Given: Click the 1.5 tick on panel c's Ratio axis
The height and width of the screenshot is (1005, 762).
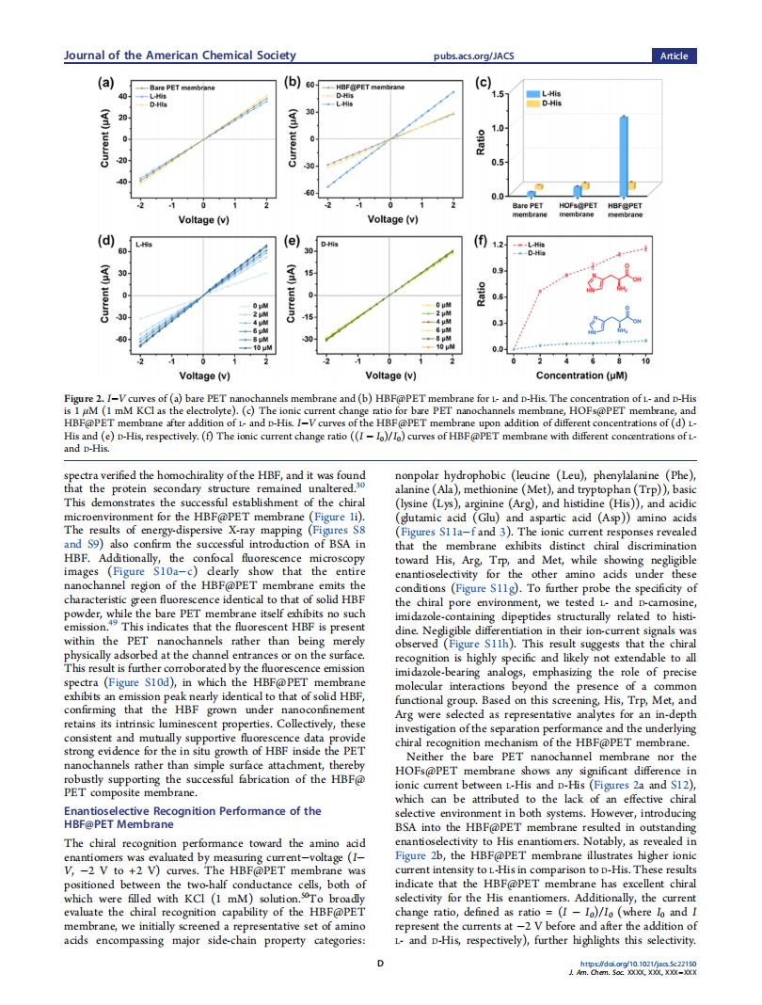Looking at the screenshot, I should click(x=500, y=94).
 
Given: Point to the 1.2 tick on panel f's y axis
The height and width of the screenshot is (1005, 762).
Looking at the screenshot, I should click(x=500, y=245).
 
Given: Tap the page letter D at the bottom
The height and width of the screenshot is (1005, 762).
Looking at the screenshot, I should click(x=380, y=964).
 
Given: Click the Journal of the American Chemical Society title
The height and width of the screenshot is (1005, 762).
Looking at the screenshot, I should click(x=179, y=56).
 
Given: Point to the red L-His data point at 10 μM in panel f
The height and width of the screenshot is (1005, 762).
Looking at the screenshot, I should click(x=646, y=248).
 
